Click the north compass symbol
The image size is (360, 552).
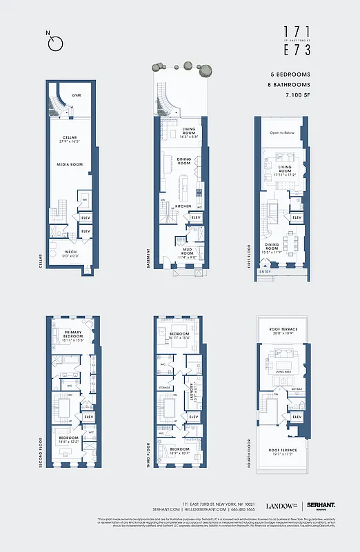pyautogui.click(x=56, y=42)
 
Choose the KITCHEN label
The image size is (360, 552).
pyautogui.click(x=183, y=206)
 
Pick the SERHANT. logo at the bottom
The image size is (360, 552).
pyautogui.click(x=321, y=506)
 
